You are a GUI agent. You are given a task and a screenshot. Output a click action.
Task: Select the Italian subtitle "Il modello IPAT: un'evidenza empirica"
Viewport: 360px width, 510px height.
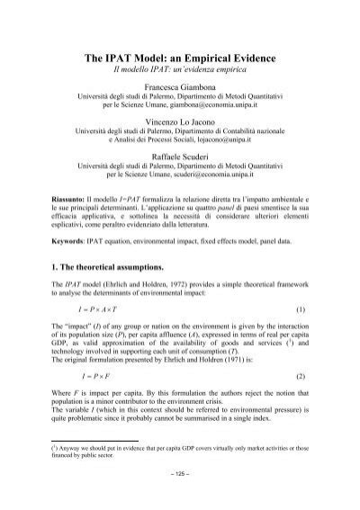pos(180,70)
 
